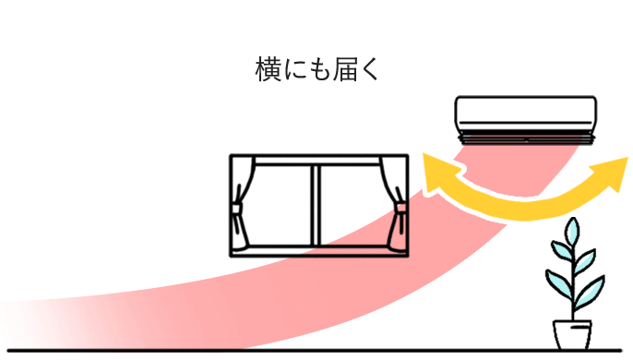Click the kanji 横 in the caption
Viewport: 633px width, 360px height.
click(x=268, y=69)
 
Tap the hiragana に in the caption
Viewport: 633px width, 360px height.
click(x=293, y=69)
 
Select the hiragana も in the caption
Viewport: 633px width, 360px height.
click(x=316, y=69)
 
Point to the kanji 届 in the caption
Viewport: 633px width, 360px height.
click(x=342, y=69)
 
